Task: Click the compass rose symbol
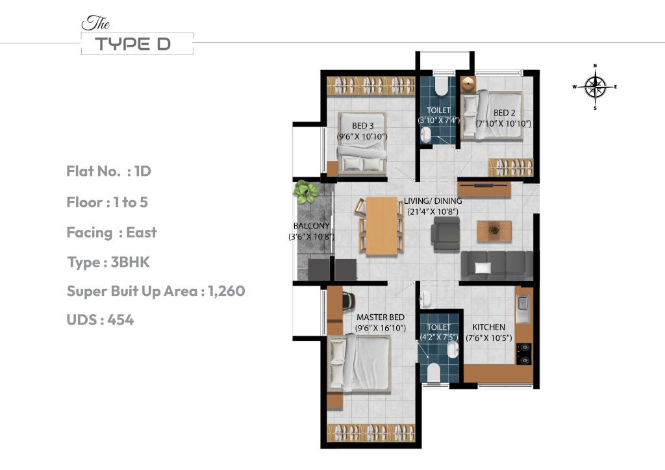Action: tap(595, 86)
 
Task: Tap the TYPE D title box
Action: tap(137, 43)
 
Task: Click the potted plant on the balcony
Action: tap(305, 190)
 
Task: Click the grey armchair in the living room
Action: tap(445, 234)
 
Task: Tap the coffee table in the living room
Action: tap(494, 230)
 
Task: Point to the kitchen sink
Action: tap(522, 308)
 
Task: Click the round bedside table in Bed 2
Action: tap(468, 83)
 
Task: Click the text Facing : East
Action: tap(112, 232)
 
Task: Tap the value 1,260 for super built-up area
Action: tap(227, 291)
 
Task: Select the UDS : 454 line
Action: tap(100, 319)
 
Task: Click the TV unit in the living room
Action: tap(484, 188)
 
